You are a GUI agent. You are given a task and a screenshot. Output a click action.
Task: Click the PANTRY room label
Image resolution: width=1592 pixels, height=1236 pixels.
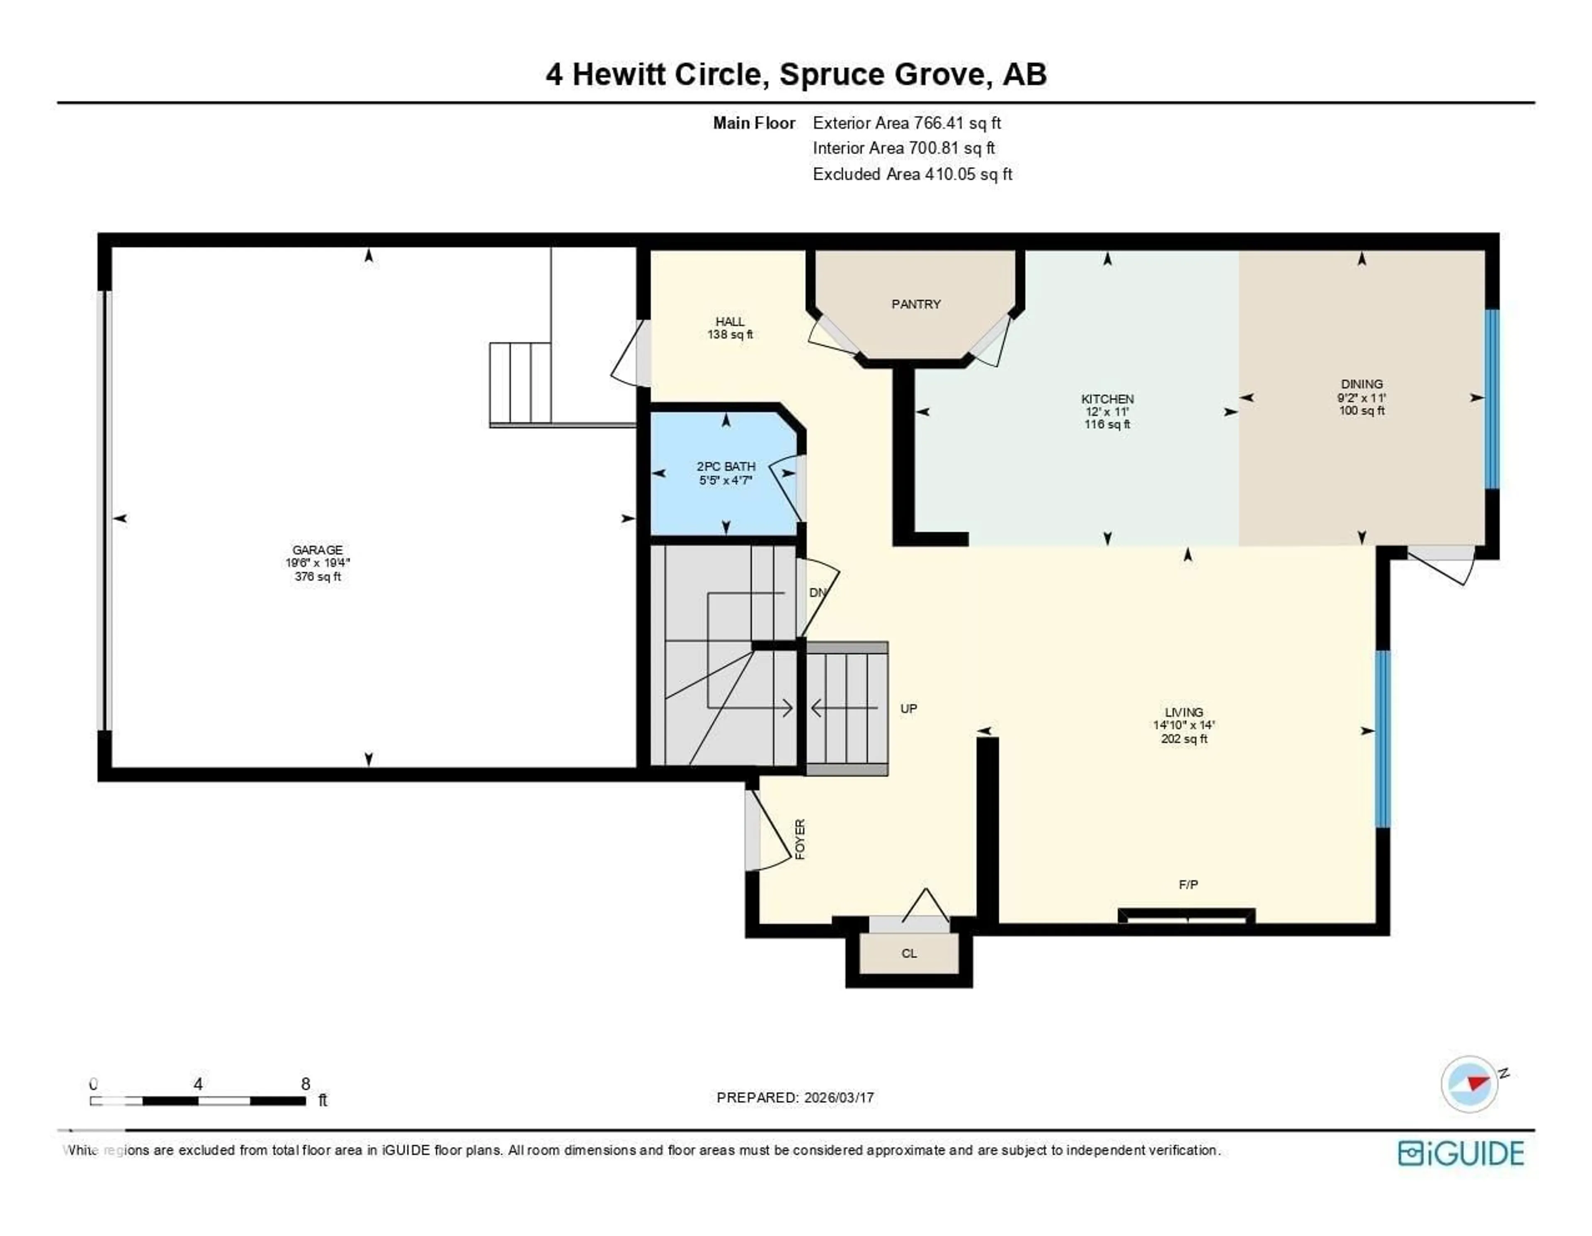(915, 304)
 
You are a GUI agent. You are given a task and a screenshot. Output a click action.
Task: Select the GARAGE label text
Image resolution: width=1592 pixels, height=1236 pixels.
(317, 550)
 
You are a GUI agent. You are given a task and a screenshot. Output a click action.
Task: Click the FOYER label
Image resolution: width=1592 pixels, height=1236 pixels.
(800, 839)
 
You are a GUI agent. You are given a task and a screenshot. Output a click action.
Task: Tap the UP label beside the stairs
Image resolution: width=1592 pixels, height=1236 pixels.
(908, 708)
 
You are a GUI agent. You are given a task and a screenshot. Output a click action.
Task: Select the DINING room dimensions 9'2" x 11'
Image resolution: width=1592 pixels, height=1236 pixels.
(1361, 398)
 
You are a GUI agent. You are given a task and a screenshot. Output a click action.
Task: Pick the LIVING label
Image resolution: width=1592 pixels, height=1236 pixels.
(1183, 712)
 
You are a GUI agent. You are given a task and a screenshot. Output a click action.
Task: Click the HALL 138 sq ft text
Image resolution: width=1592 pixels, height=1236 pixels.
(730, 334)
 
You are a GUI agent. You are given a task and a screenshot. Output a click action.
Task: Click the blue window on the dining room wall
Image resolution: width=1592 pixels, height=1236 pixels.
(1491, 399)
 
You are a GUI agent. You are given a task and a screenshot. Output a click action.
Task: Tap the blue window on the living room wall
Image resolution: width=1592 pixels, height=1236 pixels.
(1382, 738)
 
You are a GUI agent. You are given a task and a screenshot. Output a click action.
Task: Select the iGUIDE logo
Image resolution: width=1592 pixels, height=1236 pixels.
(1461, 1153)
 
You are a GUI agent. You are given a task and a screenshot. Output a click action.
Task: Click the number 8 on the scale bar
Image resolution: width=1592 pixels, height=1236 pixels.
(306, 1084)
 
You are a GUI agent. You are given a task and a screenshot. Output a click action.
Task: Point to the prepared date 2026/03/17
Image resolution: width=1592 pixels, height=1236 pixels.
(838, 1098)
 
